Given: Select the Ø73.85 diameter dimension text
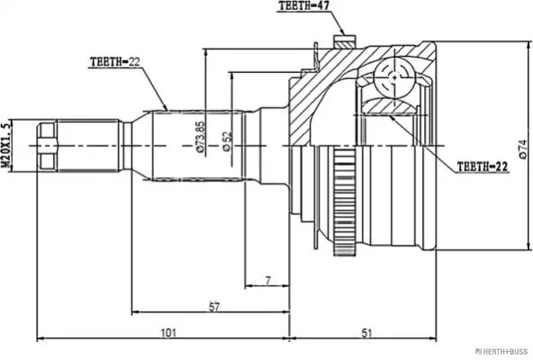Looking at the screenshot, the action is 201,136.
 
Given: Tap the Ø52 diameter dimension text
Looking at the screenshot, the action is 227,141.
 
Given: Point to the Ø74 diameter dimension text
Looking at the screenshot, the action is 523,148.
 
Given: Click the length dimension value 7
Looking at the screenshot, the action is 268,281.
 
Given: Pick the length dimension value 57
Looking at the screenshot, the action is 213,307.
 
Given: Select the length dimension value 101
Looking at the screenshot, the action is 168,333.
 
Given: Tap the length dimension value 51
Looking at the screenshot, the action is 366,333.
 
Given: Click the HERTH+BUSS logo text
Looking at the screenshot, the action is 501,351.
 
